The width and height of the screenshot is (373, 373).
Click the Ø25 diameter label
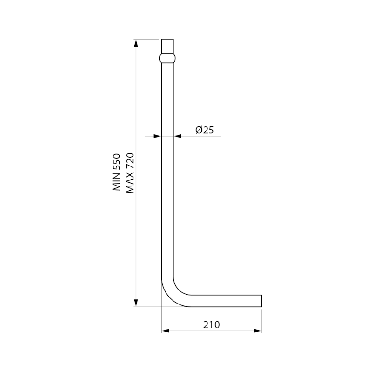205,130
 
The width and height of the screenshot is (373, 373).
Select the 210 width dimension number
212,325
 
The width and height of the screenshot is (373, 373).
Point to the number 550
117,162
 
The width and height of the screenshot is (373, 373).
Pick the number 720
130,160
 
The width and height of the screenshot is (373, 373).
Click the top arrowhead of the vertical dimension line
136,43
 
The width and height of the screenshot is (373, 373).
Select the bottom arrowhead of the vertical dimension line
136,303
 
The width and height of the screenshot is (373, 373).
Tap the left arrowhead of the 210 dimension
166,331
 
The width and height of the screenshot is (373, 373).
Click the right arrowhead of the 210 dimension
258,331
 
